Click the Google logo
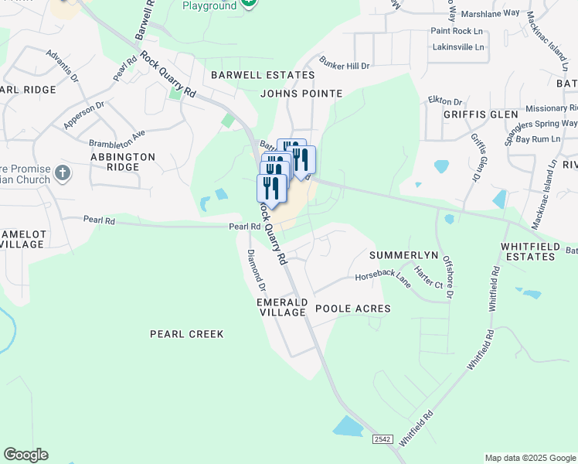25,455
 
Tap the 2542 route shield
382,439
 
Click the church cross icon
63,173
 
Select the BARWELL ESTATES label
263,75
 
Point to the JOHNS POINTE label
301,94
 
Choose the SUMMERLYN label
403,255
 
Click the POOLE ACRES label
352,309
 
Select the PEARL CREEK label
186,334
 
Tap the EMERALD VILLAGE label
282,307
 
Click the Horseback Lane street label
382,276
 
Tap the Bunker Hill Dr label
344,67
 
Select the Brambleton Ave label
117,138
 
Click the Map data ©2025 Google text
529,458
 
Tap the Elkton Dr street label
445,101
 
